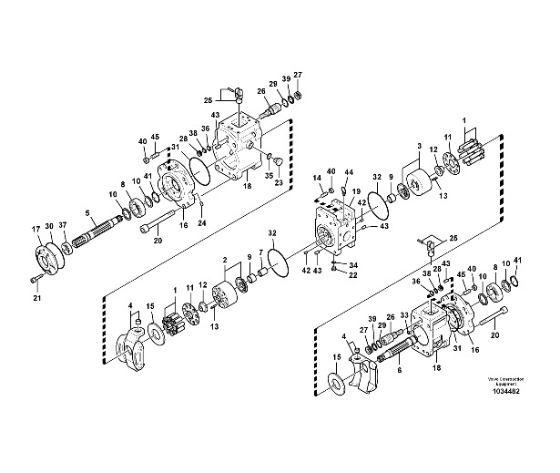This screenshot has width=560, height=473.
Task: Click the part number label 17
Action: click(37, 228)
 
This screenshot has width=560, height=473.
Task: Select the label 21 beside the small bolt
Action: click(37, 297)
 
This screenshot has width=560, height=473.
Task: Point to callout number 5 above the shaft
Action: click(88, 214)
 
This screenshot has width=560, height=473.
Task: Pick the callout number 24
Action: click(203, 223)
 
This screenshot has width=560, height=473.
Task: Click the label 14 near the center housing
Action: click(318, 178)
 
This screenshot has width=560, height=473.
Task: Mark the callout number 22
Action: click(352, 276)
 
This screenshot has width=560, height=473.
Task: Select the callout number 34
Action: click(352, 265)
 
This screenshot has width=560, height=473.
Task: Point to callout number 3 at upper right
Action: click(418, 145)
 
